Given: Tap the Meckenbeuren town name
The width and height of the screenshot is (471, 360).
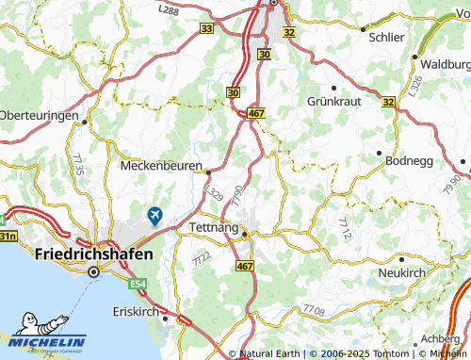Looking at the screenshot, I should (x=162, y=165).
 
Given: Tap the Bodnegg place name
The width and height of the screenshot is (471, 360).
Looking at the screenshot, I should (x=412, y=160).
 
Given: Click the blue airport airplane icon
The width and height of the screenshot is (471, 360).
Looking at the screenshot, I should (x=153, y=216).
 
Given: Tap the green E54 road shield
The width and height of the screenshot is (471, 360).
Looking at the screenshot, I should (x=139, y=283).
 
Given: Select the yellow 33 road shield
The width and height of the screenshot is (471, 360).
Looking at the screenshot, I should (x=207, y=29).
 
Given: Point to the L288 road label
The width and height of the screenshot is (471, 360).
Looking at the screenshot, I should (x=169, y=9).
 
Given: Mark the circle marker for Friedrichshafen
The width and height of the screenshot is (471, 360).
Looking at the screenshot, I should (x=93, y=272).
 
